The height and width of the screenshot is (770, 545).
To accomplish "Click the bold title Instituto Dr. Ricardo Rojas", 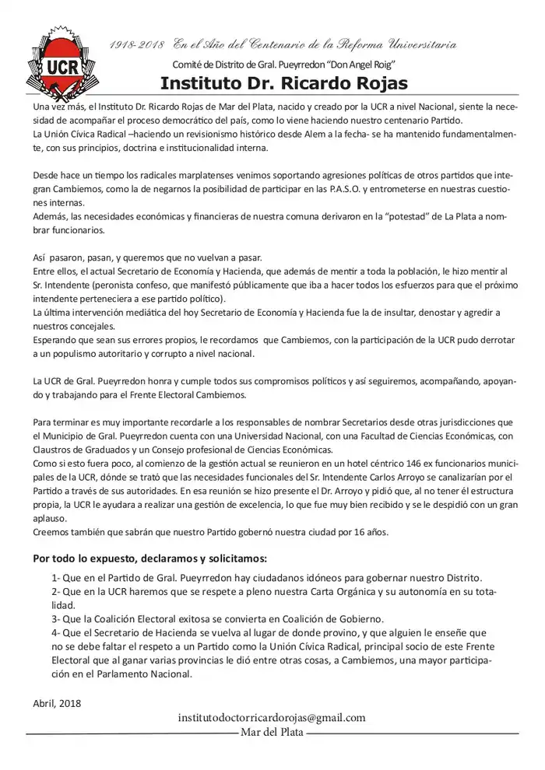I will [x=283, y=83].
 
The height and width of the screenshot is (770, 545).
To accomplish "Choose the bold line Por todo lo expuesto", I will [x=150, y=558].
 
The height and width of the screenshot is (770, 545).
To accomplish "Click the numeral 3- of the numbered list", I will [x=56, y=619].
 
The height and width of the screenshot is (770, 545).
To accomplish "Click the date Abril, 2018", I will [x=57, y=703].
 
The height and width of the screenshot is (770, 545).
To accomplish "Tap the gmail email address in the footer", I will [x=272, y=718].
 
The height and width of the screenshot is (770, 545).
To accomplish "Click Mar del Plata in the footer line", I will [x=272, y=733].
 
